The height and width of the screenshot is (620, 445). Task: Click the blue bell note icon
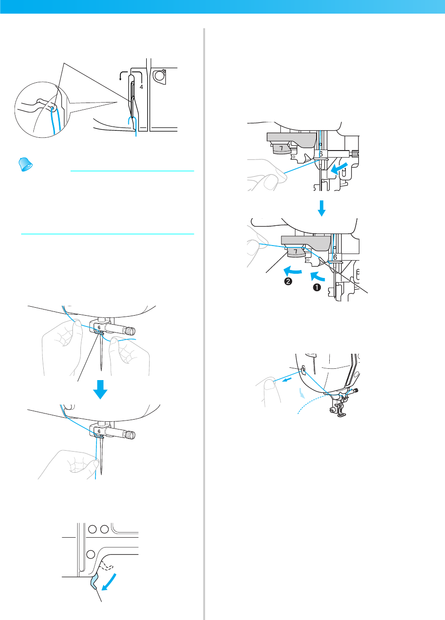click(25, 164)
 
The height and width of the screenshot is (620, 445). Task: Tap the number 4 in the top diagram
click(141, 87)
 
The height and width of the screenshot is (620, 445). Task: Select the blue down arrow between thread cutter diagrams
click(321, 207)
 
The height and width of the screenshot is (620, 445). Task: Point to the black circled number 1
click(317, 287)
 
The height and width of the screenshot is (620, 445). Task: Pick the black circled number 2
click(288, 281)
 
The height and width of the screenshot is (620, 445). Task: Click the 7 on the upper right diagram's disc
click(281, 149)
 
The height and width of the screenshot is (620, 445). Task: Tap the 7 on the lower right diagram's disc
click(295, 252)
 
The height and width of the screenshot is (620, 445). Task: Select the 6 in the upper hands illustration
click(99, 326)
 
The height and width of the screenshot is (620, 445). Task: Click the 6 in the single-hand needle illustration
click(99, 431)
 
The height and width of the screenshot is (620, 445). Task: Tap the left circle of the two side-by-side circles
click(92, 529)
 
